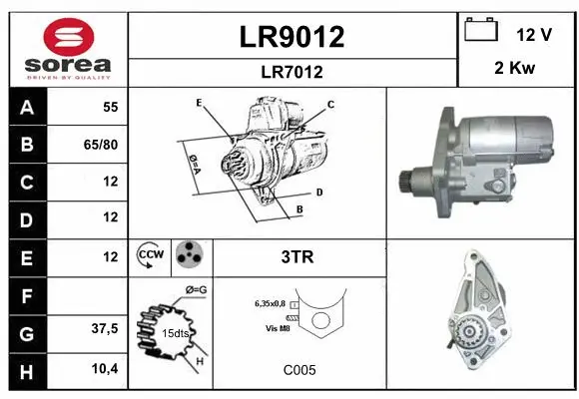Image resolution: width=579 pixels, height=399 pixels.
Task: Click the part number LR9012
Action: (291, 37)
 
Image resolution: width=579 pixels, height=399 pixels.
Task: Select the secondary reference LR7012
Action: (291, 72)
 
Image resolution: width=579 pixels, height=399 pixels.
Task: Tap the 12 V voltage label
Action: (534, 34)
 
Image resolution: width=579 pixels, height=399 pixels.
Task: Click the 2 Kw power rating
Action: (516, 70)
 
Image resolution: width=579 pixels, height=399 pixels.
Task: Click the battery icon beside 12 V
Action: (481, 31)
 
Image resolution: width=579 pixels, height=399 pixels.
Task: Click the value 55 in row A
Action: (109, 106)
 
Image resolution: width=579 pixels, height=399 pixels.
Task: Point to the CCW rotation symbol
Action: (150, 256)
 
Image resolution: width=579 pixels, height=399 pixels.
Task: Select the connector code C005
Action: (298, 369)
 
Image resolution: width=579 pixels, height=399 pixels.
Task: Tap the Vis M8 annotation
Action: (279, 326)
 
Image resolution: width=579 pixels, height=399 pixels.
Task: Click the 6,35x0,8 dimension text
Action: (270, 301)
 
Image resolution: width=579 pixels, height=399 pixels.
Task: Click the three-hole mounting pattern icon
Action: (189, 256)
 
